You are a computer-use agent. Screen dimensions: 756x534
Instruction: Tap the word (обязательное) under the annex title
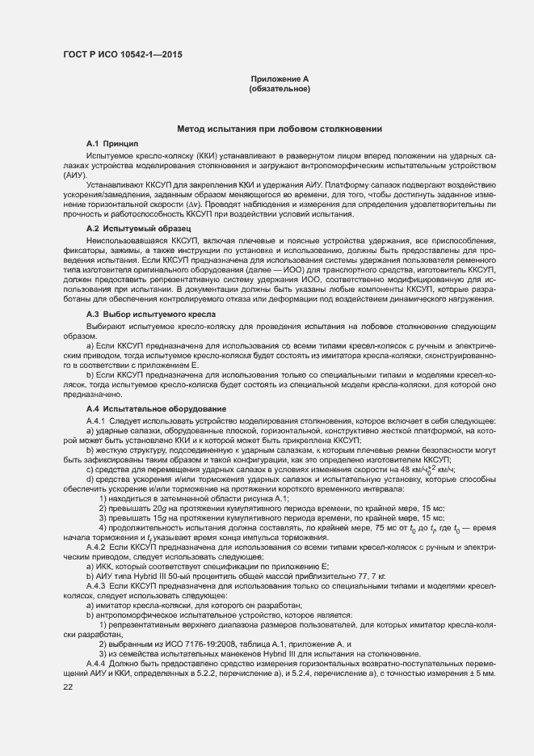point(280,88)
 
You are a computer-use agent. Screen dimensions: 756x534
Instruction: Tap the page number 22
point(68,686)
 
